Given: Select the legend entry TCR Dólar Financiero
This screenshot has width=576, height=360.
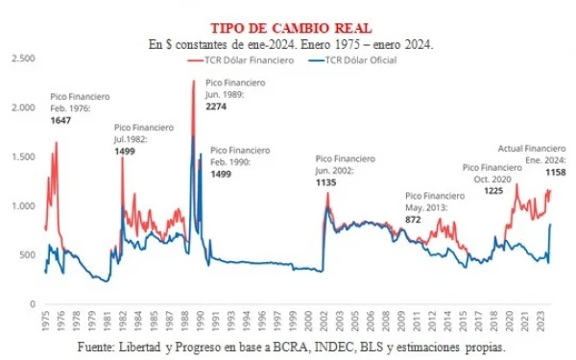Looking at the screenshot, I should (240, 60).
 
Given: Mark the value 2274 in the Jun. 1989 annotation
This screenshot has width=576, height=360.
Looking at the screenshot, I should (218, 106).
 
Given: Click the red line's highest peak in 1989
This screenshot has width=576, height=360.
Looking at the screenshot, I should (193, 81).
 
